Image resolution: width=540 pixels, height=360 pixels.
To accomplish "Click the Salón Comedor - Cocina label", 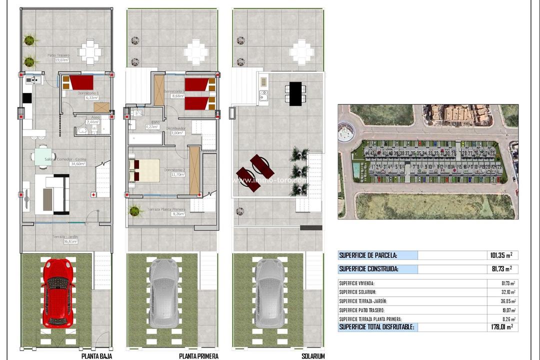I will pyautogui.click(x=65, y=161).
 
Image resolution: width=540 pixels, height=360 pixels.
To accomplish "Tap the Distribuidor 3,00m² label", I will pyautogui.click(x=178, y=130).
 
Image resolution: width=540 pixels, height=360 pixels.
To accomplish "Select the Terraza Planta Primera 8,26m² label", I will pyautogui.click(x=166, y=211).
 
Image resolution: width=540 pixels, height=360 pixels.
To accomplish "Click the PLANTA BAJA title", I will pyautogui.click(x=96, y=356).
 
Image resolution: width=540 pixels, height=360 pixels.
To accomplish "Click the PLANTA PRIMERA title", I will pyautogui.click(x=198, y=356).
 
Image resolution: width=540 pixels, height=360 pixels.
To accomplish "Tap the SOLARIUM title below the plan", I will pyautogui.click(x=313, y=356).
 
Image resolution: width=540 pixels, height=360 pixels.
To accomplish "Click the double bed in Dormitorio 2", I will pyautogui.click(x=144, y=170).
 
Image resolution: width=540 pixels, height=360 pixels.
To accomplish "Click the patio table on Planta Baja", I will pyautogui.click(x=90, y=51).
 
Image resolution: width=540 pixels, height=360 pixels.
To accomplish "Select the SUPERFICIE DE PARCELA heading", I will pyautogui.click(x=368, y=255).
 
